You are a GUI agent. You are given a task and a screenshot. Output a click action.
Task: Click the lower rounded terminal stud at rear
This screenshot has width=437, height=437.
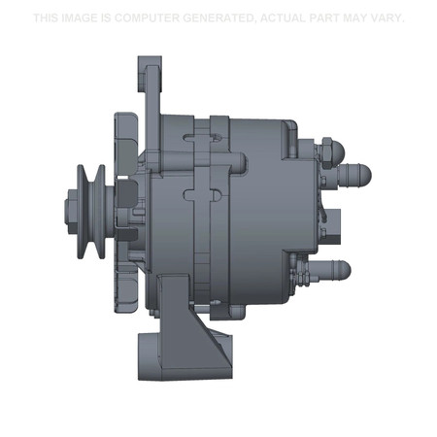pos(340,266)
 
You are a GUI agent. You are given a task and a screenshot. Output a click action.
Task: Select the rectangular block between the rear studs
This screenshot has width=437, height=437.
pos(332,221)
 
